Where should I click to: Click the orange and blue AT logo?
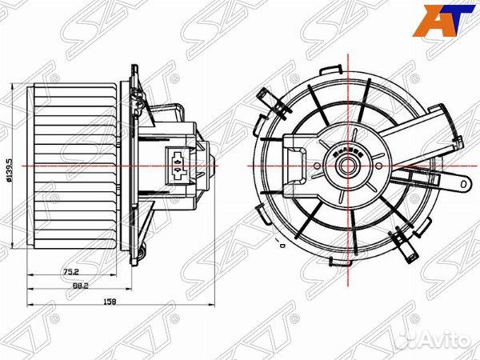pos(443,21)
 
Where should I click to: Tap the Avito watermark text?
pos(446,340)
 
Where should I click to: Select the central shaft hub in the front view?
pos(348,166)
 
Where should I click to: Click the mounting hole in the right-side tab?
pos(464,184)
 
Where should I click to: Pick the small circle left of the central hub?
pos(317,166)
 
